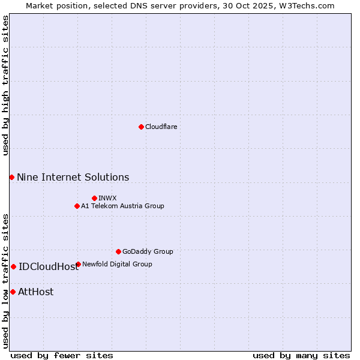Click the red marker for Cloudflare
click(x=141, y=127)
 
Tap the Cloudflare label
click(x=161, y=127)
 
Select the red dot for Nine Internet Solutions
click(x=11, y=177)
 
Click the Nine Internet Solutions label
click(x=73, y=177)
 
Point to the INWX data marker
click(x=94, y=198)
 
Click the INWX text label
click(x=107, y=198)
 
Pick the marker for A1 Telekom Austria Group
click(x=77, y=206)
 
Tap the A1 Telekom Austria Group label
click(x=122, y=206)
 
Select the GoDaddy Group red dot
click(x=118, y=251)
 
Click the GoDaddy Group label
click(x=148, y=251)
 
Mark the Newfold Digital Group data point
click(x=79, y=264)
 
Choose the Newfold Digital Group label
click(x=117, y=264)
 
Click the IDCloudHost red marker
click(x=13, y=266)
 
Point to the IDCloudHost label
click(x=49, y=266)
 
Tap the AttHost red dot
click(x=13, y=292)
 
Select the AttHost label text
click(x=36, y=292)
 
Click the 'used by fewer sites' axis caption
click(x=62, y=355)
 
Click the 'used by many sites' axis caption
click(x=301, y=355)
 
